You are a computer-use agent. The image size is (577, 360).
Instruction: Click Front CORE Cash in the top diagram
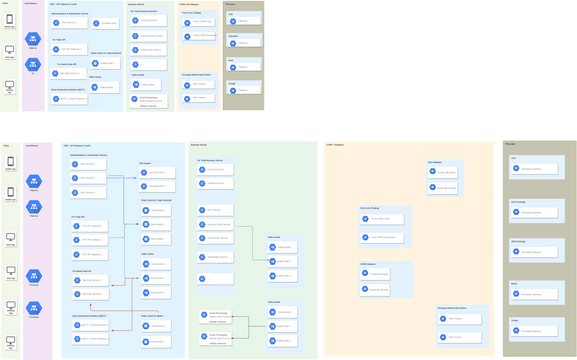coord(200,22)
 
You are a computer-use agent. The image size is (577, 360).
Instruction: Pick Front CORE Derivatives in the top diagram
coord(200,37)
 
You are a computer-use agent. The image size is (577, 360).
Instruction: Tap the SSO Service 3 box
coord(88,192)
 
